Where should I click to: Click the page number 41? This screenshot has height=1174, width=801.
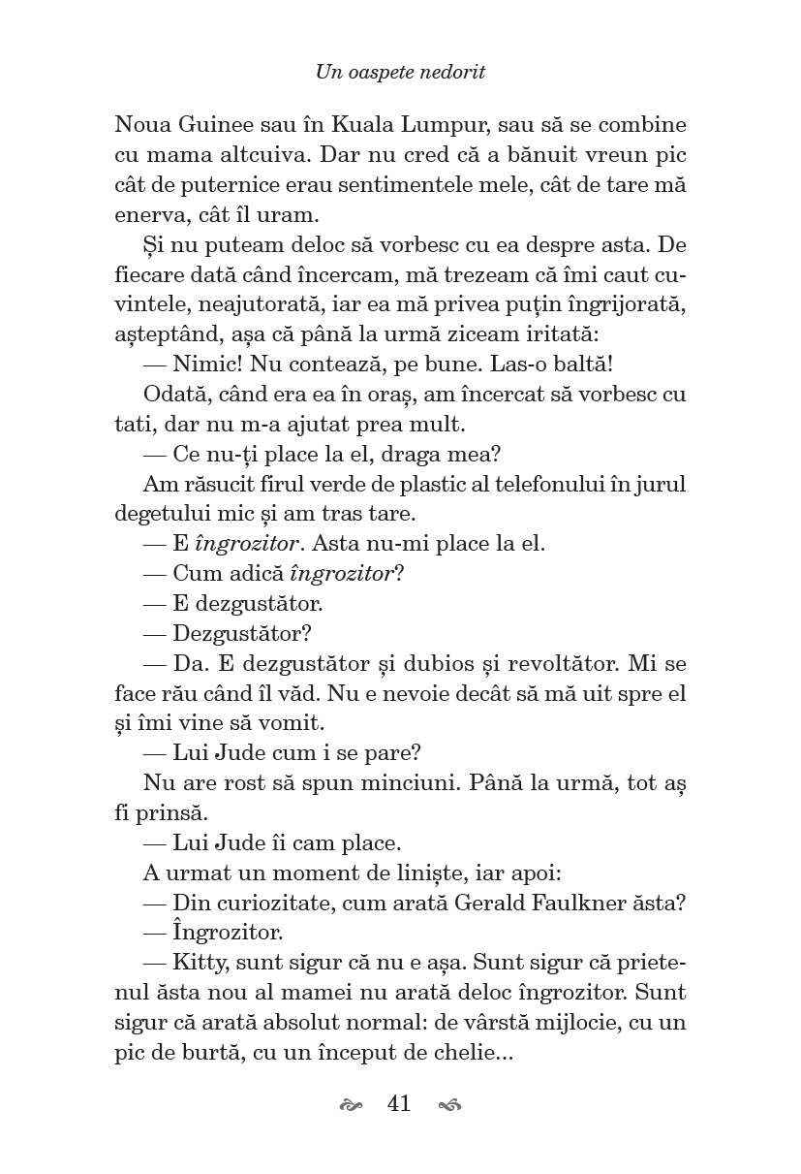398,1104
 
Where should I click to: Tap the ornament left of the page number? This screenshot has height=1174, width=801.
352,1105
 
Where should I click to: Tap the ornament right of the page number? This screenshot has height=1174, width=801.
449,1105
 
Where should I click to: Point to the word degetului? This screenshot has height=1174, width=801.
164,513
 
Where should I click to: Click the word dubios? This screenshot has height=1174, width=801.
461,664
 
